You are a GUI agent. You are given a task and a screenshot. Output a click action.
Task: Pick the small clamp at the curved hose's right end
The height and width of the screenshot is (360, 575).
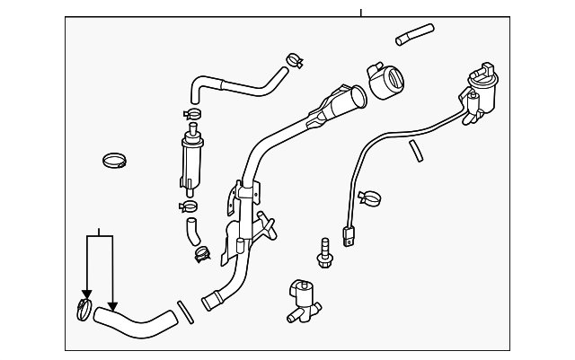(x=292, y=60)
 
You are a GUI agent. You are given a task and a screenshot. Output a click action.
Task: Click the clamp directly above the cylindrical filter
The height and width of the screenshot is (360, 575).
(x=190, y=114)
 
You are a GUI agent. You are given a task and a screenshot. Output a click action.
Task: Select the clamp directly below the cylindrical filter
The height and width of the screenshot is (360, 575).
(x=189, y=205)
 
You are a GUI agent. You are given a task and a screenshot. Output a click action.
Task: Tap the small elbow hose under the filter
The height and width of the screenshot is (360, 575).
(x=193, y=232)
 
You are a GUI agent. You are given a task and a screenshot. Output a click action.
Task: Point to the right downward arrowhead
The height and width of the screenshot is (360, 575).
(x=112, y=304)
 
